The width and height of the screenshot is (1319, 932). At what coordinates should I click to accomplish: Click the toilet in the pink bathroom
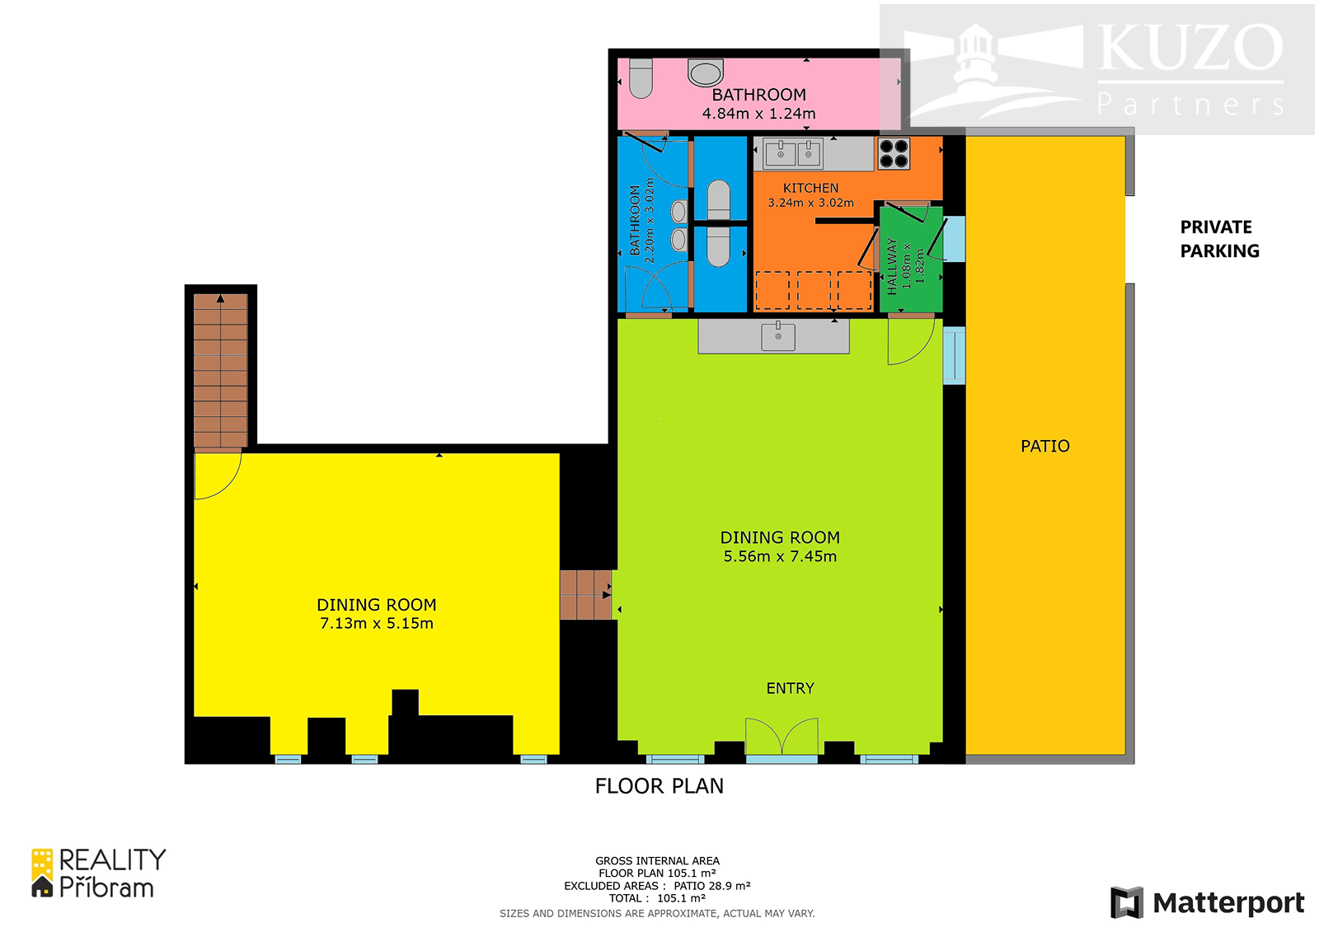tap(641, 77)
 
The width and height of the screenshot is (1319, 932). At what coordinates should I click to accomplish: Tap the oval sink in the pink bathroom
tap(706, 73)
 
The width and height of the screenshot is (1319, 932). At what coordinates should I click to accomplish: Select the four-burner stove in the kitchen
tap(894, 153)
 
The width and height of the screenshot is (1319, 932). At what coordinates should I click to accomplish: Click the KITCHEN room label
tap(811, 189)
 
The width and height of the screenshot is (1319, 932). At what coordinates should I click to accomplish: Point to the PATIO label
tap(1045, 447)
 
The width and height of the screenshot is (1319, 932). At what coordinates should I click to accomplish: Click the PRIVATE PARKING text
tap(1219, 239)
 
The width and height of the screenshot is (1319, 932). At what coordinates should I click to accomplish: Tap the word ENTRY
tap(791, 688)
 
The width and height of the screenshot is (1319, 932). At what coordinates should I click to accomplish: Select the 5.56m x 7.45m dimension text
tap(780, 556)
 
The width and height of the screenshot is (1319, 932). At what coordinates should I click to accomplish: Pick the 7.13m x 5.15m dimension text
tap(376, 624)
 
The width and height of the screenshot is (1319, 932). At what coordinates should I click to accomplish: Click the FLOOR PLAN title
tap(659, 786)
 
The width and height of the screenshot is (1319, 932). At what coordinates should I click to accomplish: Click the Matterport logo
tap(1207, 902)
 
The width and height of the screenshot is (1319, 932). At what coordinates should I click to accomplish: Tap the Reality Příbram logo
tap(98, 873)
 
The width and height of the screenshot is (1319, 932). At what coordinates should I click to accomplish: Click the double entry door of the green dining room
tap(782, 736)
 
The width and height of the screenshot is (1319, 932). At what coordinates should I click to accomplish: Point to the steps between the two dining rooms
tap(586, 595)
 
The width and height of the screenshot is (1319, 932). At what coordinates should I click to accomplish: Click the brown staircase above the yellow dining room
tap(220, 370)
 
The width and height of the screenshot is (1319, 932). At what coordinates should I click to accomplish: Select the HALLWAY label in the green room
tap(892, 267)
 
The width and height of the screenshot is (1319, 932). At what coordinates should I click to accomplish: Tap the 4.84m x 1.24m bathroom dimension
tap(758, 114)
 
